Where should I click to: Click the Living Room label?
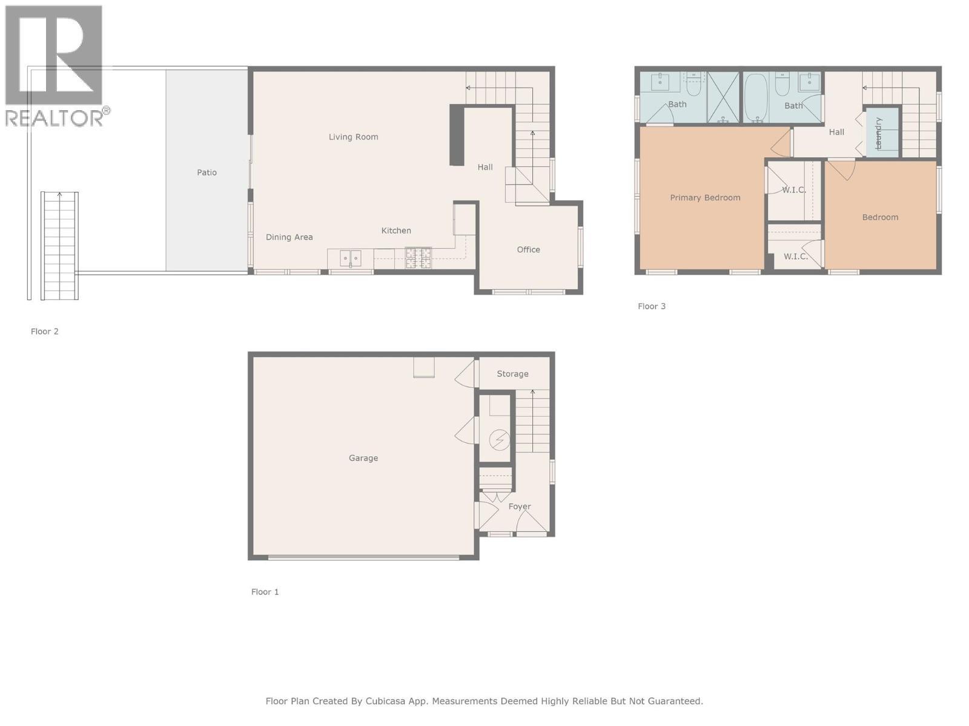(353, 137)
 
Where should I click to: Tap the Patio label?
(207, 172)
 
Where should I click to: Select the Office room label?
(528, 249)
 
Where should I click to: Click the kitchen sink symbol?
(350, 258)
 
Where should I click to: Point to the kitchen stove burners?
(418, 258)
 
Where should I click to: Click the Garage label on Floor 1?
(363, 458)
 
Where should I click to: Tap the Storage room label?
(512, 374)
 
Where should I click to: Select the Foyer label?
(519, 506)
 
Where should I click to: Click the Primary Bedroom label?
(704, 197)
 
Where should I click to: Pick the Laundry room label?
(879, 133)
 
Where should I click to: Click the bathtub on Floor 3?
(755, 97)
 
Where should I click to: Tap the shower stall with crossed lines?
(723, 97)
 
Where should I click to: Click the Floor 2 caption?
(44, 332)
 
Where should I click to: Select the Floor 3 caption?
(651, 306)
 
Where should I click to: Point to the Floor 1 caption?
(265, 592)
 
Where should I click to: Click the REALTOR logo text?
(55, 117)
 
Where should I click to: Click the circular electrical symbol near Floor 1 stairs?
(499, 440)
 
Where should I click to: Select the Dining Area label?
(289, 237)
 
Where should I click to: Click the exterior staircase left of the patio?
(59, 245)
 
